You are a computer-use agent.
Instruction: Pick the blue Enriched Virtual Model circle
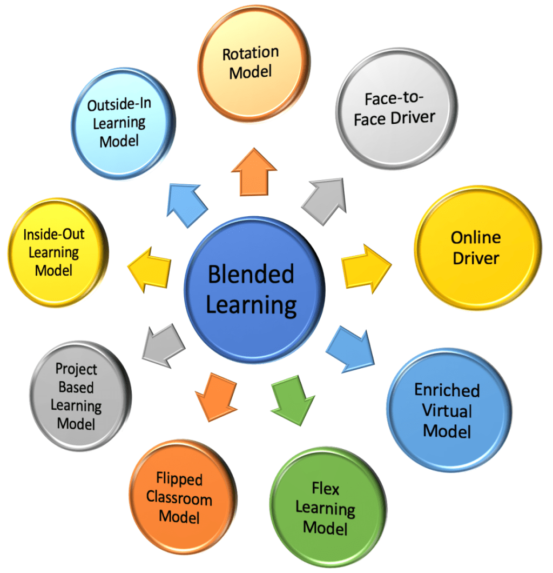tap(449, 411)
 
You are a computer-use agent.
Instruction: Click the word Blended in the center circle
tap(251, 275)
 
